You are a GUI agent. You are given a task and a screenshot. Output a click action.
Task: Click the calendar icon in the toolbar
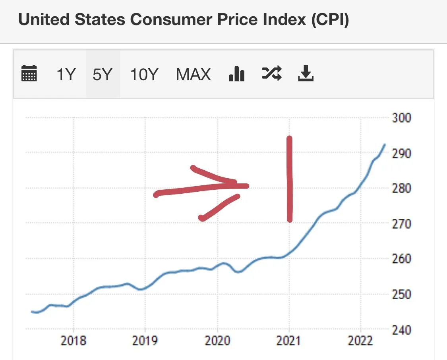coord(29,74)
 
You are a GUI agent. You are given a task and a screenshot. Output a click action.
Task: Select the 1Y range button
coord(66,74)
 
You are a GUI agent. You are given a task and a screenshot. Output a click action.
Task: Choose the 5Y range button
coord(103,74)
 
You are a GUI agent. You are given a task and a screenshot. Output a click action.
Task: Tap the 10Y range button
coord(144,74)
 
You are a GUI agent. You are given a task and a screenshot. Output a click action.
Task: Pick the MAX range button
coord(193,74)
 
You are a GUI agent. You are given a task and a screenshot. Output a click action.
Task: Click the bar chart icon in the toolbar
coord(237,74)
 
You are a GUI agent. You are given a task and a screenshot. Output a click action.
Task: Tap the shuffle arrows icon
coord(272,73)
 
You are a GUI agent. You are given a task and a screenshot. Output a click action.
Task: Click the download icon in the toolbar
coord(306,73)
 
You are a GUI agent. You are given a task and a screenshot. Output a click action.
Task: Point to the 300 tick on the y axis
coord(401,118)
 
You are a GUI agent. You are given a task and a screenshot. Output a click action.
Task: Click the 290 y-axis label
coord(401,153)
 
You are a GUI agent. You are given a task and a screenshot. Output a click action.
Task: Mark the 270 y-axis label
coord(401,224)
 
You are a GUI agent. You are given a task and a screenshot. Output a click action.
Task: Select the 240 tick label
coord(401,330)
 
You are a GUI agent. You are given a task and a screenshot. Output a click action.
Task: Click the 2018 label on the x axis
coord(74,341)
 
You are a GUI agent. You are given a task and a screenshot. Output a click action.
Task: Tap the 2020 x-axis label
coord(217,341)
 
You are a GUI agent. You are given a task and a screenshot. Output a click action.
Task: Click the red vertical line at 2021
coord(289,179)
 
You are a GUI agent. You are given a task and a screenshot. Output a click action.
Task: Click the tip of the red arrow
coord(247,185)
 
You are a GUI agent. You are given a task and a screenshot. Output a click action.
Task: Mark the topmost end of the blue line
coord(385,144)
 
